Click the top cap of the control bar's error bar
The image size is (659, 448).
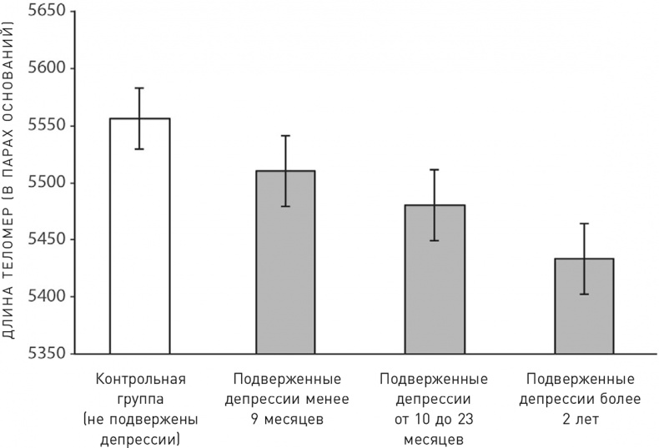point(140,88)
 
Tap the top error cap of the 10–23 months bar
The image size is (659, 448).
point(434,169)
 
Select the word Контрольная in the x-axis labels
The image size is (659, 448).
point(140,378)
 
